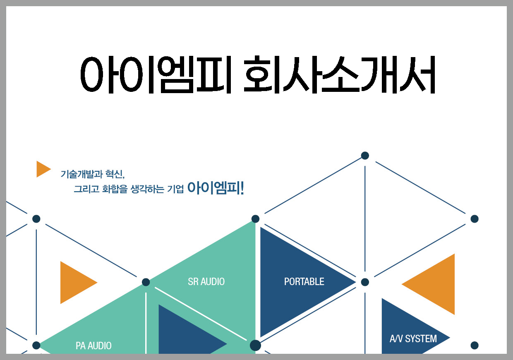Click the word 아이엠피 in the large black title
(156, 74)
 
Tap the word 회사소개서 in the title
(339, 74)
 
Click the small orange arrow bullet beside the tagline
(43, 169)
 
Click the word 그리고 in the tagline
(86, 189)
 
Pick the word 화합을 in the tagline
(115, 189)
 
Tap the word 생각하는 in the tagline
(147, 189)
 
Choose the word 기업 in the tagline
(175, 189)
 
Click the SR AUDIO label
(206, 282)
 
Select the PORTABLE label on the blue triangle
(304, 282)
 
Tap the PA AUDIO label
(93, 346)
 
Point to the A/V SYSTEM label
(413, 339)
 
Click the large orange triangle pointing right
(76, 283)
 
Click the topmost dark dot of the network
(365, 156)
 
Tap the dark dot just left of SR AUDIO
(146, 282)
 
